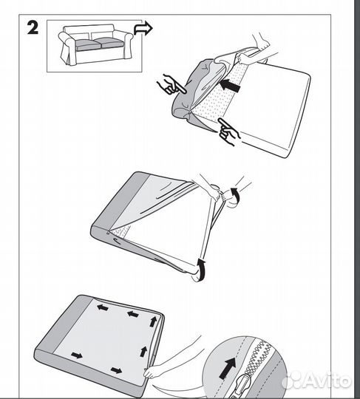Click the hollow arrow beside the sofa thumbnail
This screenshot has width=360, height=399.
tap(143, 29)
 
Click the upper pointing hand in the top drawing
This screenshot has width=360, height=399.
tap(171, 86)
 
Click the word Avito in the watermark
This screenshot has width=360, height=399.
tap(329, 381)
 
